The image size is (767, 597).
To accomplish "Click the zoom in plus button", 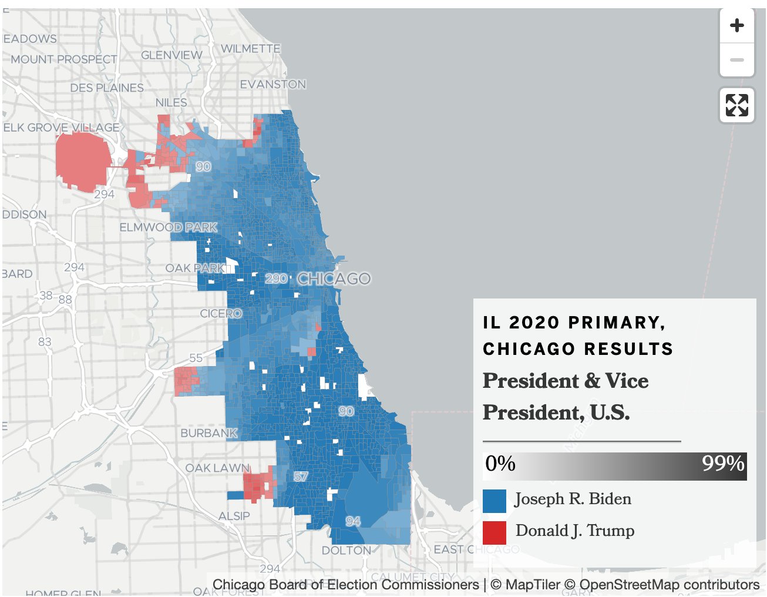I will point(736,26).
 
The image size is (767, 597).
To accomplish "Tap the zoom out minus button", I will point(736,60).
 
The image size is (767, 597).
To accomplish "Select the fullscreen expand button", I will point(736,105).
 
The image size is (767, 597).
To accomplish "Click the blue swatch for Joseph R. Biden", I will point(494,501).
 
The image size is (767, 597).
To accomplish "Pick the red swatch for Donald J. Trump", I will point(494,532).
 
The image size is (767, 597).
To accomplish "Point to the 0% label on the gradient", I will point(500,464).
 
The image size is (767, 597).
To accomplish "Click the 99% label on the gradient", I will point(723,464).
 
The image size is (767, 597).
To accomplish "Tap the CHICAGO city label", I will point(334,279).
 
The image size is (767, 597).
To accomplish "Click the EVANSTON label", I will point(273,85).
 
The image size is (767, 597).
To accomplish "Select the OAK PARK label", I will point(195,268).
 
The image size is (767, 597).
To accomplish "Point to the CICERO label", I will point(221,314).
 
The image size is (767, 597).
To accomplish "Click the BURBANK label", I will point(208,433).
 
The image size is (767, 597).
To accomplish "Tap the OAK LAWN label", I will point(217,468).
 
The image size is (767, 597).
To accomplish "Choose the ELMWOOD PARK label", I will point(169,227).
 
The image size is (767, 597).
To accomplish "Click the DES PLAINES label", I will point(107,88).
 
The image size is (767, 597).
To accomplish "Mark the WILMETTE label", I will point(251,49).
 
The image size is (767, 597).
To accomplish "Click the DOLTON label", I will point(346,551).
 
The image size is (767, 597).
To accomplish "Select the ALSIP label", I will point(234,516).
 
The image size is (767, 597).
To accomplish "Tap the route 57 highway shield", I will point(301,477).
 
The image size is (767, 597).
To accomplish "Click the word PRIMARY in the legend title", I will point(616,323).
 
